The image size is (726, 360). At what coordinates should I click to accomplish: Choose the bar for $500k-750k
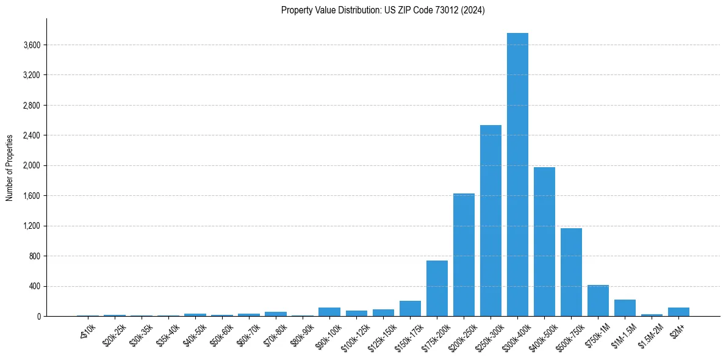(571, 272)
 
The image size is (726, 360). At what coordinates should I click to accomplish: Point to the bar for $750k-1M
(598, 301)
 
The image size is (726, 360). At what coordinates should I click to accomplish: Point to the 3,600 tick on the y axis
(31, 45)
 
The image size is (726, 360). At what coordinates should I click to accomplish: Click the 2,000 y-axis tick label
(31, 165)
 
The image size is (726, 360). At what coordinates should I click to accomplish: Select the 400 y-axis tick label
(34, 286)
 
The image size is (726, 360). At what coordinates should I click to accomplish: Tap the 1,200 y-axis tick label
(31, 226)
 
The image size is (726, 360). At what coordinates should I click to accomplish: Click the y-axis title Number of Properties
(10, 167)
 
